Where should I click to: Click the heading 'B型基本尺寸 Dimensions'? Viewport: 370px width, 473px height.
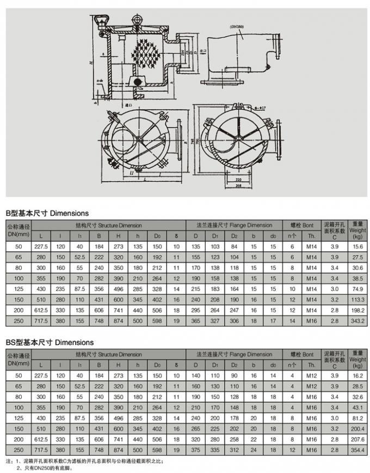click(x=47, y=213)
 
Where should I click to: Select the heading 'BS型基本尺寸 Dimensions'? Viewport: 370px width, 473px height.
click(x=49, y=342)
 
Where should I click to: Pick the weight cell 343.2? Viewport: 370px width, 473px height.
click(x=357, y=321)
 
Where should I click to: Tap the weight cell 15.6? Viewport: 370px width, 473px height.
click(x=357, y=247)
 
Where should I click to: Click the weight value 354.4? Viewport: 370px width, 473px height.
click(x=357, y=451)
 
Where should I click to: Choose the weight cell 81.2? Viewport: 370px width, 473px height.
click(x=357, y=419)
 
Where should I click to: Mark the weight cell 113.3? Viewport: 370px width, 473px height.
click(x=357, y=300)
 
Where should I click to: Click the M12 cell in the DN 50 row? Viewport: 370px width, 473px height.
click(x=311, y=376)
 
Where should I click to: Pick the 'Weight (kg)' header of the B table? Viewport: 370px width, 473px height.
click(x=357, y=230)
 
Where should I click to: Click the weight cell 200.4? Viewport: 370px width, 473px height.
click(x=357, y=429)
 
